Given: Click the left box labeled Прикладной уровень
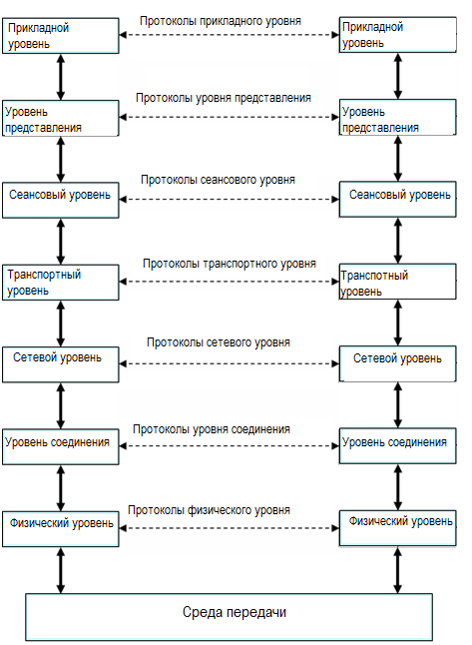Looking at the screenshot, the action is (61, 35).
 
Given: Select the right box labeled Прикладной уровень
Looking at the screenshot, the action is (397, 35).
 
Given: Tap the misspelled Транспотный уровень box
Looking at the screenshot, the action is (397, 282).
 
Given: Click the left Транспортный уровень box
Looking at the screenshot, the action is (61, 283).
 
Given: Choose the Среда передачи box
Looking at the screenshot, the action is (229, 617).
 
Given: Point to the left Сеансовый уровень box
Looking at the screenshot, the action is (61, 200).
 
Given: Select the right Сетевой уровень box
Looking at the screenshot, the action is (397, 363).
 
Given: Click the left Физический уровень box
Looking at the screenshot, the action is (61, 529).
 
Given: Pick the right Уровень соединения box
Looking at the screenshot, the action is (397, 446).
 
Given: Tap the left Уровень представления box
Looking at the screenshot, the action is (61, 118).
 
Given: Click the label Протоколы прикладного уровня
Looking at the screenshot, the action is (221, 21).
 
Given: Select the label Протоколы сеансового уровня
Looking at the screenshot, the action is (218, 180).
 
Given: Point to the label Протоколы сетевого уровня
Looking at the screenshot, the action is (219, 342).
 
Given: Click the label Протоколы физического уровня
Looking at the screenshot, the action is (209, 510).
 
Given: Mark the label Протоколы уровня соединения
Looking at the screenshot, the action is (212, 430).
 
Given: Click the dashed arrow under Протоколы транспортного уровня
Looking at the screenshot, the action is (229, 282).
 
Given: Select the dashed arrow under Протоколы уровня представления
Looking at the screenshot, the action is (229, 117).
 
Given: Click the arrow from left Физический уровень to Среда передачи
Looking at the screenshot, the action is (61, 570).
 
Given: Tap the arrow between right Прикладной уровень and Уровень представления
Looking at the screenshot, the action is (397, 76).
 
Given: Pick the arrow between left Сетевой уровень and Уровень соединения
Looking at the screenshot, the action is (61, 406).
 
